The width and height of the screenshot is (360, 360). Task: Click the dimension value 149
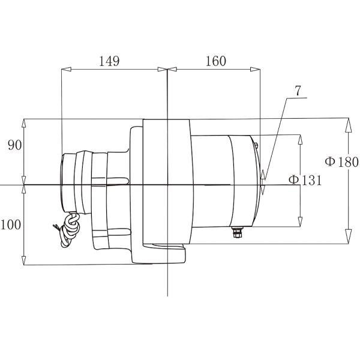[109, 61]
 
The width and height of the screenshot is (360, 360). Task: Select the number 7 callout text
[298, 91]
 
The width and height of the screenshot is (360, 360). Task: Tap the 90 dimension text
[14, 145]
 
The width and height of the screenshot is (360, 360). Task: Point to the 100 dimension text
[11, 225]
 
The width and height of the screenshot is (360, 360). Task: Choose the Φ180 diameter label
[341, 161]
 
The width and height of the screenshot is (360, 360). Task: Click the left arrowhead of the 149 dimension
[67, 69]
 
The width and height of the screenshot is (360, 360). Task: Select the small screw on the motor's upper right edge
[256, 145]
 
